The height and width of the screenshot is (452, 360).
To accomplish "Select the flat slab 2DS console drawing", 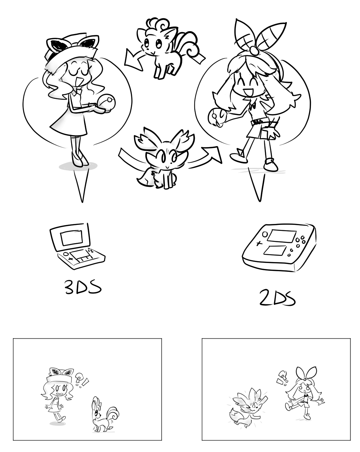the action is pos(279,248).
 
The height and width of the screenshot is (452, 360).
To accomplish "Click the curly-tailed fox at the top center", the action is pos(168,47).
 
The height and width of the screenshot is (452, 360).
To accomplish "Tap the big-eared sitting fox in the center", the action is pos(164,157).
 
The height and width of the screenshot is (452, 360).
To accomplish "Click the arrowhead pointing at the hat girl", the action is pos(133,60).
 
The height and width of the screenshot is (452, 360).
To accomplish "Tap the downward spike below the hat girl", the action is pos(82,185).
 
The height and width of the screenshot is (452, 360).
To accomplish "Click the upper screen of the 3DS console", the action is pos(71,237).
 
